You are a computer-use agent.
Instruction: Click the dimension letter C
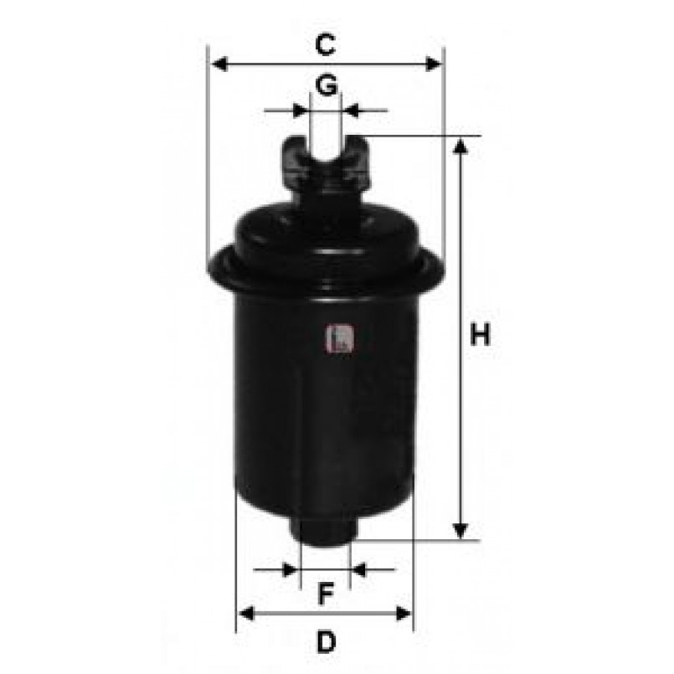(x=326, y=44)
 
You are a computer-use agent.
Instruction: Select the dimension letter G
(x=327, y=85)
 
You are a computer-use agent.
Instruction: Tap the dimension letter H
(x=480, y=335)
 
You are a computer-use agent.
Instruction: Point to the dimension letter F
(x=326, y=594)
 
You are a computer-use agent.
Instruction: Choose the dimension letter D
(x=327, y=642)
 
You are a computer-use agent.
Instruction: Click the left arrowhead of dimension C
(x=220, y=64)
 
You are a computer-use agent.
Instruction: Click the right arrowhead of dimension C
(x=434, y=64)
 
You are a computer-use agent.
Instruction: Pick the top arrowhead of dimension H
(x=460, y=147)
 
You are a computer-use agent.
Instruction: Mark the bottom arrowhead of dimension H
(x=460, y=531)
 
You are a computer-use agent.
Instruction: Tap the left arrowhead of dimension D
(x=246, y=614)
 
